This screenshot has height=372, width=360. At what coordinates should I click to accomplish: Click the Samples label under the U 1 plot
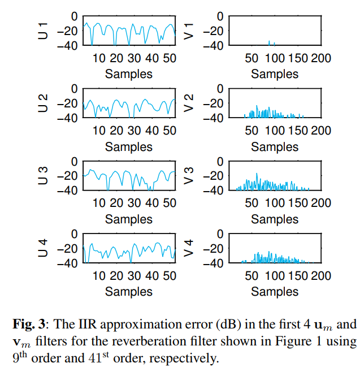[129, 74]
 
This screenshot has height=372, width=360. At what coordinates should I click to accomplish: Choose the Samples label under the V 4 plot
[275, 292]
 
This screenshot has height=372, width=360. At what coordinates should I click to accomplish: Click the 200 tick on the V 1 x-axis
[321, 58]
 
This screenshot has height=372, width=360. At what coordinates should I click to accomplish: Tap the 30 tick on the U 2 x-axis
[134, 131]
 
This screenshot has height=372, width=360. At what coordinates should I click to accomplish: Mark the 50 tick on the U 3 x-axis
[169, 203]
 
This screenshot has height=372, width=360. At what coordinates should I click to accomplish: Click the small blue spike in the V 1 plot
[269, 42]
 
